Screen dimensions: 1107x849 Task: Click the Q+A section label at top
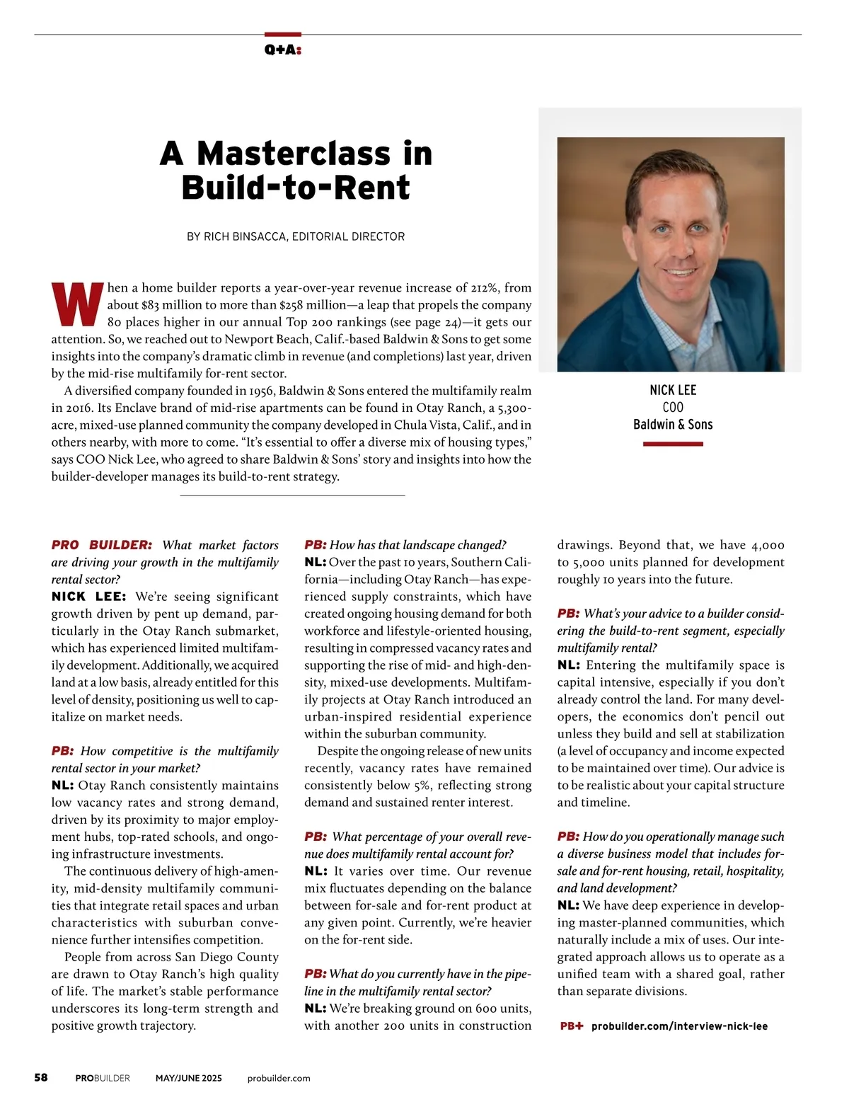point(283,50)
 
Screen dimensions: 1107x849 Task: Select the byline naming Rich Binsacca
point(296,236)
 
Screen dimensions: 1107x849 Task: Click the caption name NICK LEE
point(673,390)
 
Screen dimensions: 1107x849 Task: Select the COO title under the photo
point(673,407)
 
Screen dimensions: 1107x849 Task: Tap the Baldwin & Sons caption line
point(673,425)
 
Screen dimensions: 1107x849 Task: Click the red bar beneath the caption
point(673,444)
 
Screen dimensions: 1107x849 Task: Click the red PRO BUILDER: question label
point(101,545)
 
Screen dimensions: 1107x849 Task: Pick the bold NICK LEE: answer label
point(88,597)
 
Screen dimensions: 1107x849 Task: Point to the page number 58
point(41,1077)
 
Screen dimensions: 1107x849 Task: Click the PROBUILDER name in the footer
point(103,1078)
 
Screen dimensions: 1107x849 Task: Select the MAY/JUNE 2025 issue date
point(189,1078)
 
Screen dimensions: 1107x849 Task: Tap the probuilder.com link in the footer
point(279,1078)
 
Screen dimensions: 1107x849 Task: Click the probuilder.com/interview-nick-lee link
point(679,1026)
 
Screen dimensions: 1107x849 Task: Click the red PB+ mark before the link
point(572,1026)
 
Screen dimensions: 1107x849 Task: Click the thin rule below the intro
point(292,495)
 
